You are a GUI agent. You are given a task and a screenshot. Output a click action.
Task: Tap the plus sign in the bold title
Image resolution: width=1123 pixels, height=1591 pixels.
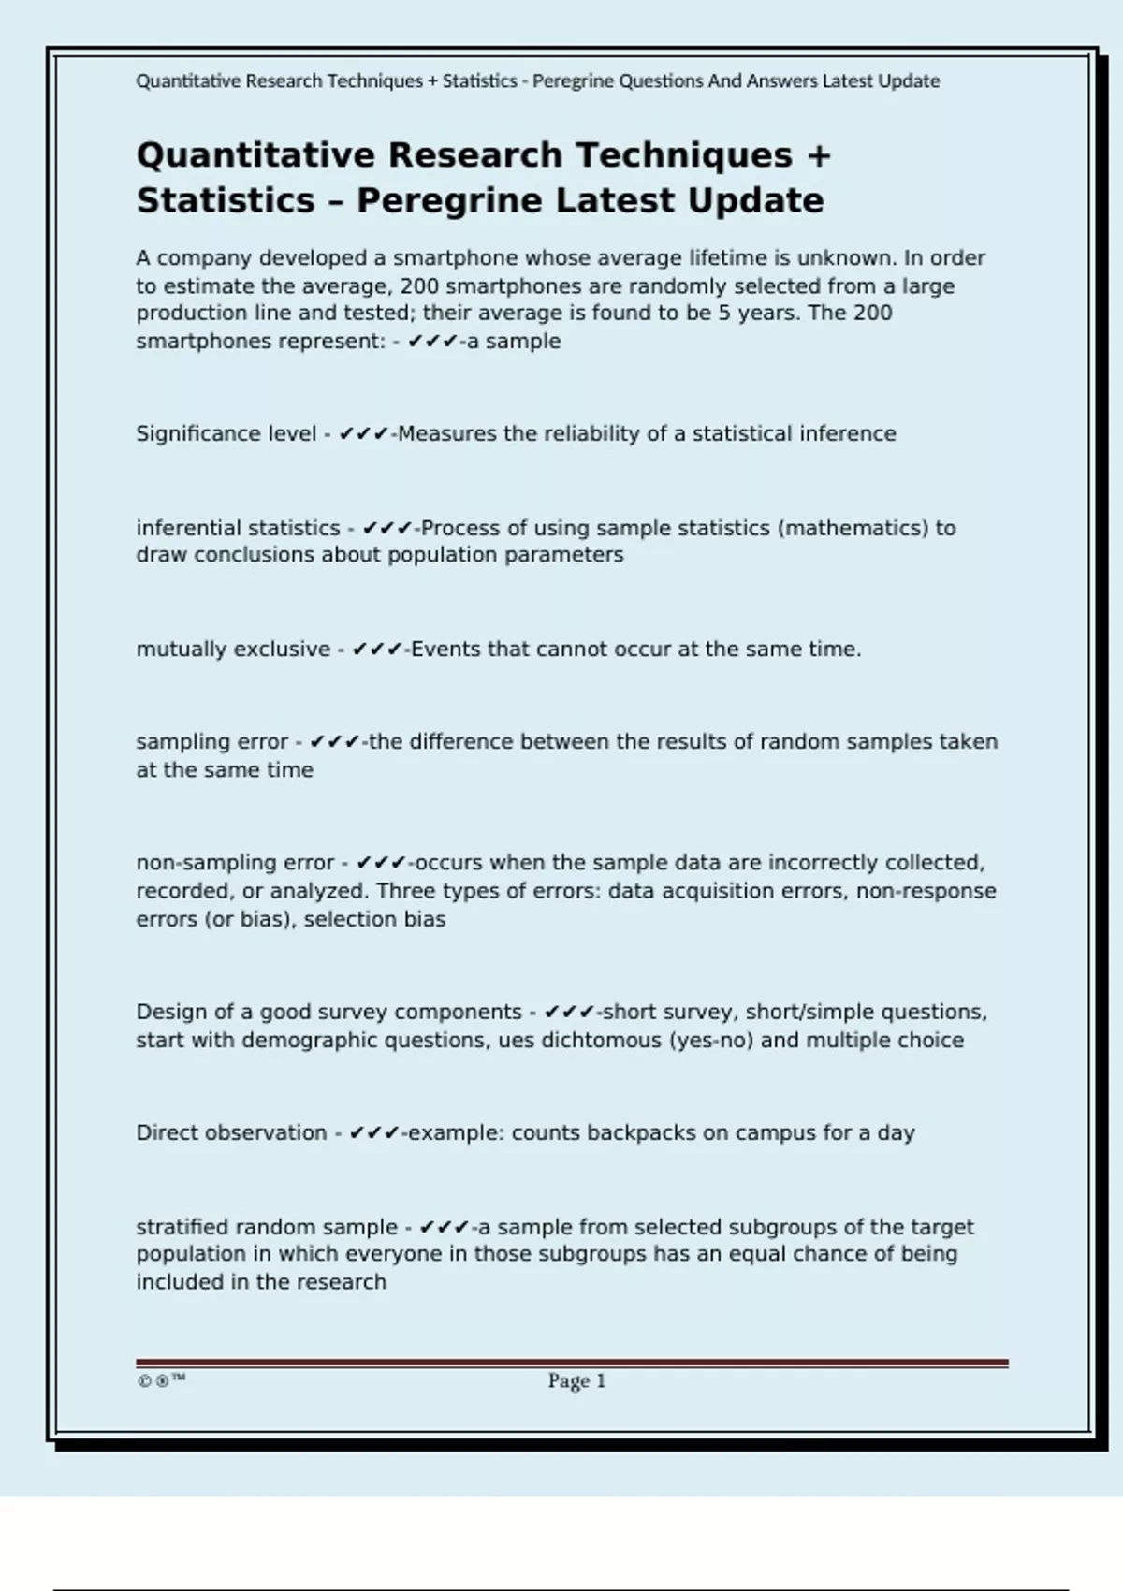819,155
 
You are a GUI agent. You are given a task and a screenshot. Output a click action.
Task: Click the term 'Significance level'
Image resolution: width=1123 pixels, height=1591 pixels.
226,433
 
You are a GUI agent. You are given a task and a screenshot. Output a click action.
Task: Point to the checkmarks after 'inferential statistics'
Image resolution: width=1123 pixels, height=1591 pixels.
386,528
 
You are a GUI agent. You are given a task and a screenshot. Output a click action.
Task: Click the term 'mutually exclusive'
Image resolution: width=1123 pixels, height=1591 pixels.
233,649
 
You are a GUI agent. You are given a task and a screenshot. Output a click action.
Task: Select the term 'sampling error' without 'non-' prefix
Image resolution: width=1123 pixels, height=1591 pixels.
211,741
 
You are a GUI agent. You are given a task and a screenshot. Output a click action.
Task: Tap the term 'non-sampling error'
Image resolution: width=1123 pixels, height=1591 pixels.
235,862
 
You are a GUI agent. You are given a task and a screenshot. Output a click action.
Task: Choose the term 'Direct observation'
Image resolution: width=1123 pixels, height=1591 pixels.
231,1132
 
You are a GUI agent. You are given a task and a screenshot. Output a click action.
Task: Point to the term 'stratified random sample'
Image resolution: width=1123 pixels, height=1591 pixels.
267,1226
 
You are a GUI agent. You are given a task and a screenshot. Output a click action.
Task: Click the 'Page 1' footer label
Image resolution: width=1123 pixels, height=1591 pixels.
576,1380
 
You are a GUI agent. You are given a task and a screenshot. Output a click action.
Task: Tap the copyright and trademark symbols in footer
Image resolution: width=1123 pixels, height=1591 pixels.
161,1380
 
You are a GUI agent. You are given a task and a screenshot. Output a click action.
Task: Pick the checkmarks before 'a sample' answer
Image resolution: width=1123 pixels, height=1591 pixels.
432,342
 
